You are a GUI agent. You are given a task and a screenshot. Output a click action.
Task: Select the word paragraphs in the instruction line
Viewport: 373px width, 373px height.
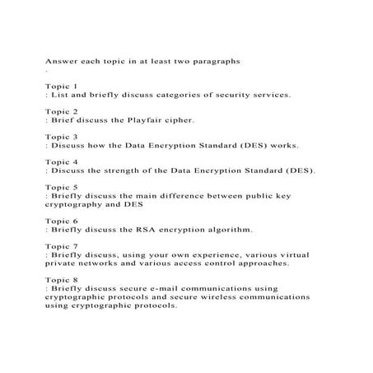coord(216,61)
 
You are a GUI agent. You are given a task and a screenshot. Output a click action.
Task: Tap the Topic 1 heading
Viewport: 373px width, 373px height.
coord(62,86)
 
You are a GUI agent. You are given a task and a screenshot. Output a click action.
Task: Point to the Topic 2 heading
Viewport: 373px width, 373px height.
coord(62,111)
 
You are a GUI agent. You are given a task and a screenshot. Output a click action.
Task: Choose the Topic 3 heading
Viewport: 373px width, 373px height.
coord(62,137)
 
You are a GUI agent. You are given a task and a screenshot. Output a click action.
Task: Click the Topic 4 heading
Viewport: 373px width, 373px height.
coord(62,162)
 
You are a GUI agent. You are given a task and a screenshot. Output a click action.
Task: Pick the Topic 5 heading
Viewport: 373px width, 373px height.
coord(62,188)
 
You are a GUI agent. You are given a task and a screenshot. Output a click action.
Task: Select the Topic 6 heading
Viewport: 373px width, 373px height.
coord(62,221)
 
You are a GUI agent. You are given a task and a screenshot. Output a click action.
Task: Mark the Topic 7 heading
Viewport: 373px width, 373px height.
coord(62,247)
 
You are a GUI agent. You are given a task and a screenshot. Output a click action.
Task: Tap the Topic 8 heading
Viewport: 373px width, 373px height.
coord(62,280)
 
